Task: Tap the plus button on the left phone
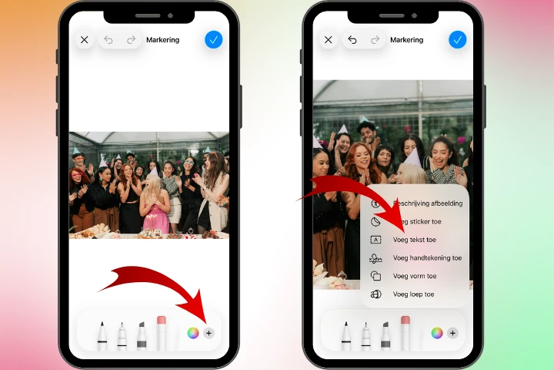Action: pos(209,333)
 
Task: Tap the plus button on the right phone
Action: pos(452,333)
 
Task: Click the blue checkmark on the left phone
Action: pos(213,40)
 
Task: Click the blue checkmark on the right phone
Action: pos(457,40)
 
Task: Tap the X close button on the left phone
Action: pos(85,40)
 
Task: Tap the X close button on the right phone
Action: pos(329,40)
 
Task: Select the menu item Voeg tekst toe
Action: pos(414,240)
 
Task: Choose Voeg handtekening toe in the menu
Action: pos(426,258)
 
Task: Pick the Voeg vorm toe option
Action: pos(414,276)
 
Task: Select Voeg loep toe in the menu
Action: pos(413,294)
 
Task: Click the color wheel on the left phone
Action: pos(192,333)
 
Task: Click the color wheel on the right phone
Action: pos(436,333)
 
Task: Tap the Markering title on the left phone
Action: pos(162,40)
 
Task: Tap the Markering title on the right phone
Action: pos(406,40)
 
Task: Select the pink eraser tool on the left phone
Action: pos(162,332)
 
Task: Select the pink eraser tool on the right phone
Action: pos(405,332)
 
